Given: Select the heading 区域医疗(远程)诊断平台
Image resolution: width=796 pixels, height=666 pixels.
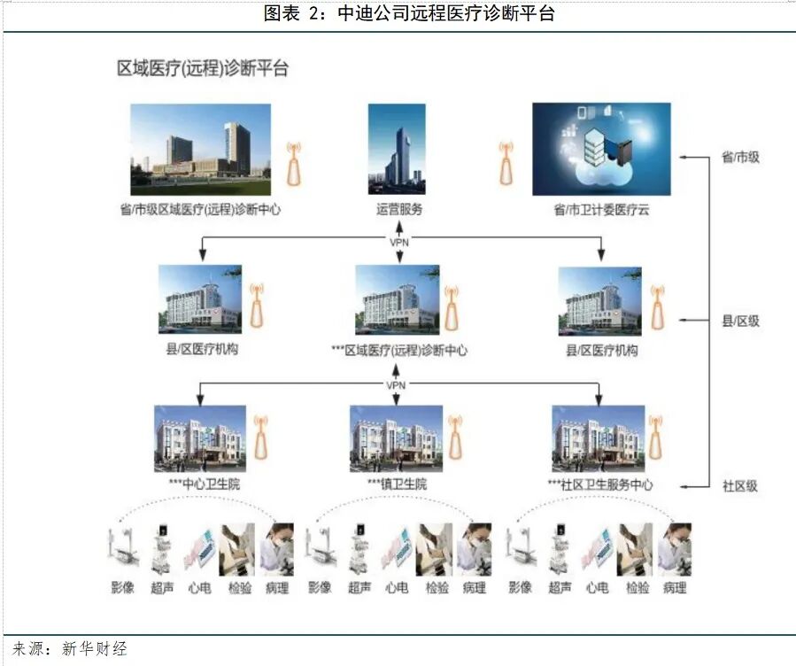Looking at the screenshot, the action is (x=204, y=69).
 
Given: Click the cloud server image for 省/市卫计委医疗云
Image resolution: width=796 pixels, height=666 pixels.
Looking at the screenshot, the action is (x=601, y=149).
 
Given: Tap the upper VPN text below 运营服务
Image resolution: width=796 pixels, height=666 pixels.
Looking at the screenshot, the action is (x=399, y=241).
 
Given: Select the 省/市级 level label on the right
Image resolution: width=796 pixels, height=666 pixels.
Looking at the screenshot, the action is (x=740, y=158).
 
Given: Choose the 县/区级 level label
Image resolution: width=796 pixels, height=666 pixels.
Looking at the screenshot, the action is (x=740, y=321).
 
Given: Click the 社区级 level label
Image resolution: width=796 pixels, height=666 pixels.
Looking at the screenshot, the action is (x=740, y=486).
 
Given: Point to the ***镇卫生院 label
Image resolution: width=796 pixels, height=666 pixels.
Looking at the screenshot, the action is (x=397, y=485).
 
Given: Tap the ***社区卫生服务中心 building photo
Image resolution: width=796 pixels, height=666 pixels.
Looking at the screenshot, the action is (x=599, y=438).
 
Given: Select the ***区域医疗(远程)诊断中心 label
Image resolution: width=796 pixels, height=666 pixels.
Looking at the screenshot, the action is (x=399, y=351).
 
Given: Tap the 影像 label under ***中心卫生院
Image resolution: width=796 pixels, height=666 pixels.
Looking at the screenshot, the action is (x=122, y=587).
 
